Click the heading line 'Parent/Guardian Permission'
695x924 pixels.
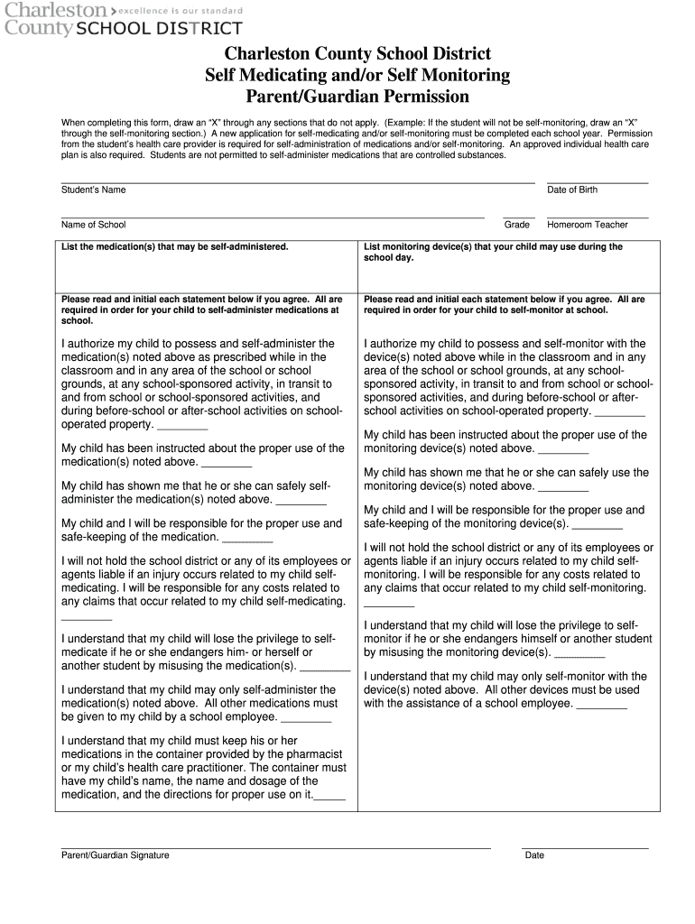pyautogui.click(x=357, y=97)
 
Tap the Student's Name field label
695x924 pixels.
pyautogui.click(x=93, y=189)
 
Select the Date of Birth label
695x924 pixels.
pyautogui.click(x=571, y=189)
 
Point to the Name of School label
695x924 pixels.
pyautogui.click(x=93, y=225)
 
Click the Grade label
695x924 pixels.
pyautogui.click(x=517, y=225)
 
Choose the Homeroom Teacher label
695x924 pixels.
pyautogui.click(x=587, y=225)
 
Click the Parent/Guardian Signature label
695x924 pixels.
pyautogui.click(x=115, y=855)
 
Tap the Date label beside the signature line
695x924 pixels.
pyautogui.click(x=534, y=855)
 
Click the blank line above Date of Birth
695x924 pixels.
pyautogui.click(x=597, y=182)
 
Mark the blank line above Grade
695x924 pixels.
pyautogui.click(x=518, y=217)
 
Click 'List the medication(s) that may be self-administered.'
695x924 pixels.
pyautogui.click(x=174, y=246)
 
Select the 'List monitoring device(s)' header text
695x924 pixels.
pyautogui.click(x=493, y=246)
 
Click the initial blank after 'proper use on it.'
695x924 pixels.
pyautogui.click(x=330, y=798)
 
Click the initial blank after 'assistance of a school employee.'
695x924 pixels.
pyautogui.click(x=602, y=707)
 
